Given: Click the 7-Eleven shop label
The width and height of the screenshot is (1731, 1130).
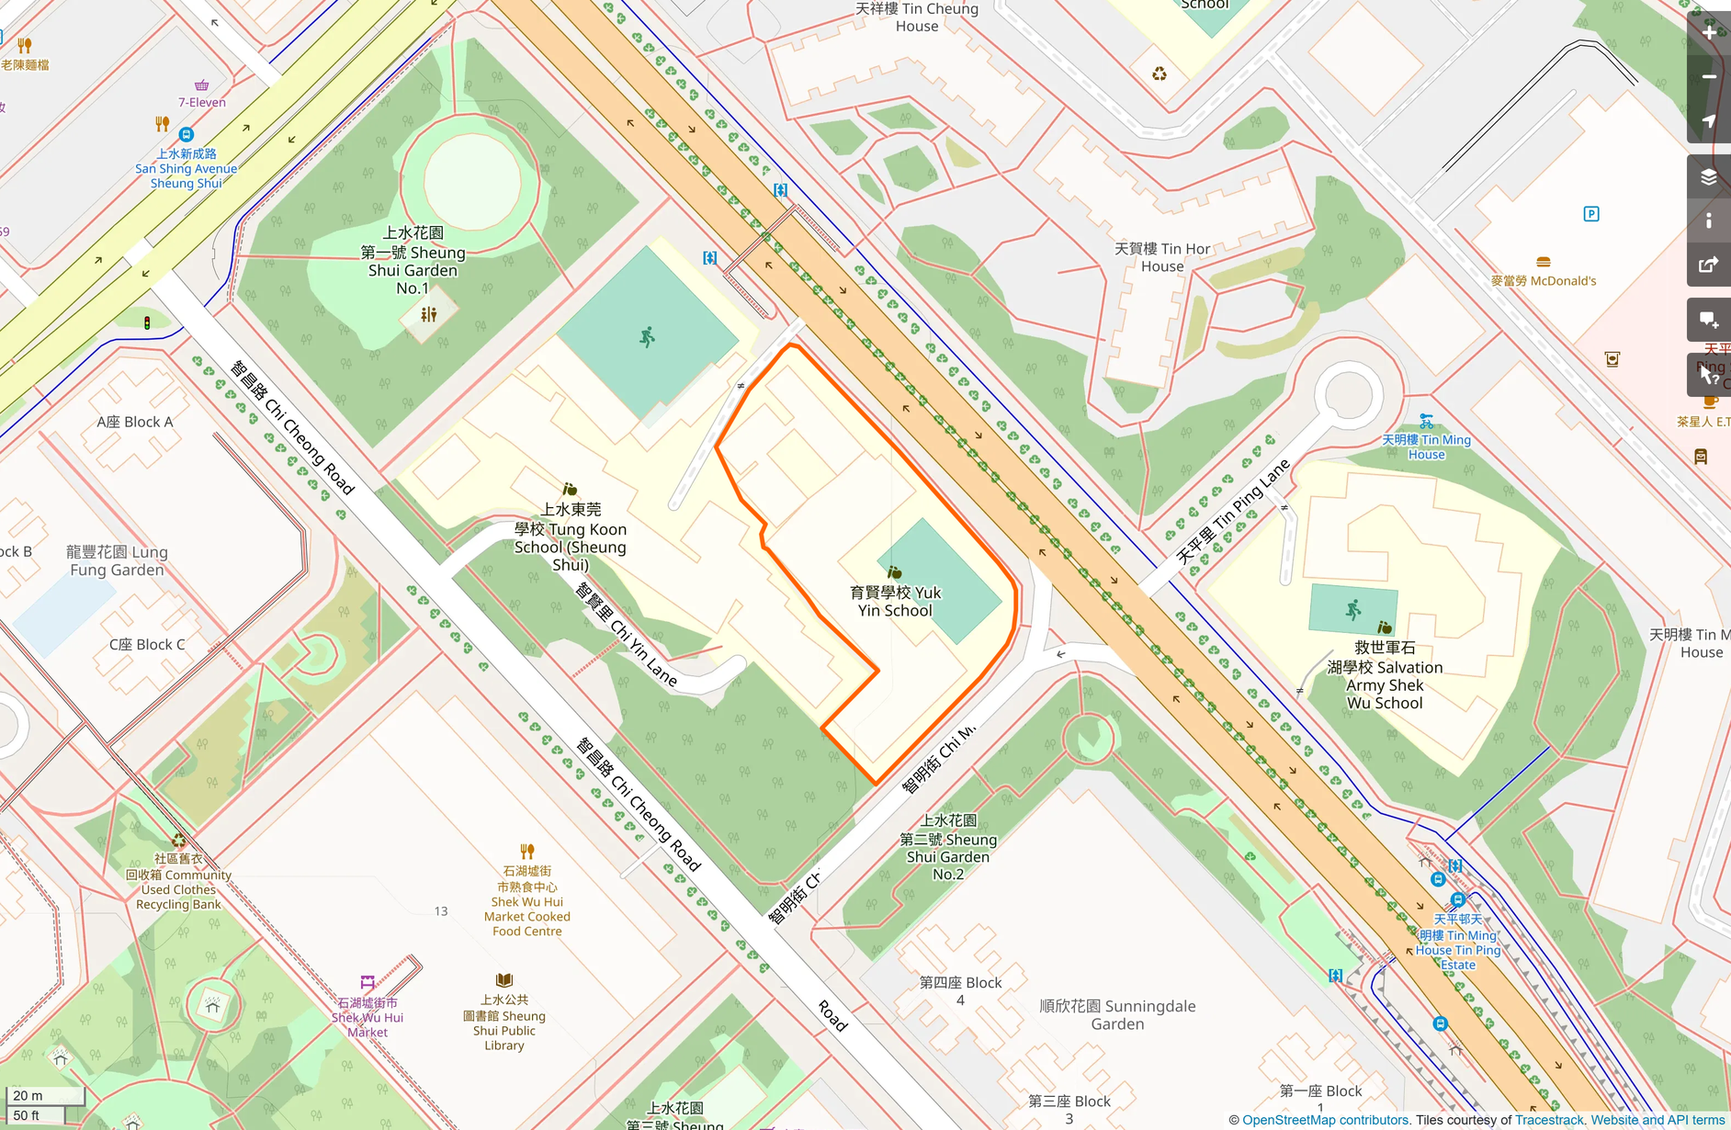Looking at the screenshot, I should coord(202,102).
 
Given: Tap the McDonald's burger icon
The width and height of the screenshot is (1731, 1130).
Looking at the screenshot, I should coord(1544,263).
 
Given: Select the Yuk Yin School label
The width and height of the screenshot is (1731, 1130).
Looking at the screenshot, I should coord(895,602).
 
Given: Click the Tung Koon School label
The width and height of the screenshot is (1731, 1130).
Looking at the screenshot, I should coord(571,537).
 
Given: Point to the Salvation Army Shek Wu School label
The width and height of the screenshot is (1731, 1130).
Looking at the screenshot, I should coord(1385,676).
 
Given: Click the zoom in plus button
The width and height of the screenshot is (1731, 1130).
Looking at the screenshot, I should coord(1709,33).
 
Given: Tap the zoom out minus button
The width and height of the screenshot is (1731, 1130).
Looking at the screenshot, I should coord(1709,77).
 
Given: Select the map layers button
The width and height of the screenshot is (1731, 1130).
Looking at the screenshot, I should coord(1709,177).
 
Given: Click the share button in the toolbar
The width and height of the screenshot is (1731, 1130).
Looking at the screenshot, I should coord(1709,266).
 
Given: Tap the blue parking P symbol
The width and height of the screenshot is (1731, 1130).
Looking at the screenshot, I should coord(1591,214).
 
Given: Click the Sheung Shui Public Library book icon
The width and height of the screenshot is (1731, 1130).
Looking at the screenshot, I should coord(503,980).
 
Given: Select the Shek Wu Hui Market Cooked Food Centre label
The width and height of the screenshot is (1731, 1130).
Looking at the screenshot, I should coord(526,901).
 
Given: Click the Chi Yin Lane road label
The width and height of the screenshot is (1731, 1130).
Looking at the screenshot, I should coord(627,635).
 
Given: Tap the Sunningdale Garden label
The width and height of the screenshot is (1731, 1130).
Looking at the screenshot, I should coord(1117,1015).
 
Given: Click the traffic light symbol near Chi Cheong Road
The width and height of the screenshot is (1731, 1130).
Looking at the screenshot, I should coord(147,322).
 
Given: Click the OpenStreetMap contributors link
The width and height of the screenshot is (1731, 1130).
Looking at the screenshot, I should coord(1325,1120).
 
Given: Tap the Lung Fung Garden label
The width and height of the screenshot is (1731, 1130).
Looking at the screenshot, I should coord(117,560).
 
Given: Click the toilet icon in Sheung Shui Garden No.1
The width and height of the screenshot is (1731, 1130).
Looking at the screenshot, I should coord(428,315).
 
